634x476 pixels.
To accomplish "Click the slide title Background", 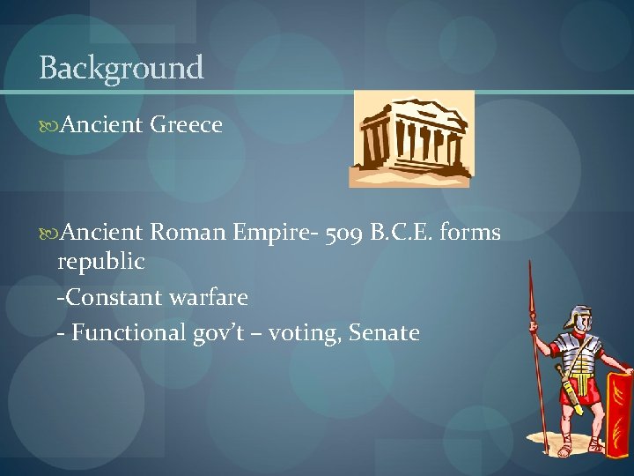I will coord(122,67).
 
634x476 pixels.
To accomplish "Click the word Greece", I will coord(186,125).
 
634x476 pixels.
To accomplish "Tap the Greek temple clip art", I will coord(412,139).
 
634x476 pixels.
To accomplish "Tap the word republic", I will coord(100,263).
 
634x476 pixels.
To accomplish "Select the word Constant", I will coord(109,297).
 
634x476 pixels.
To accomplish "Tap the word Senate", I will coord(384,332).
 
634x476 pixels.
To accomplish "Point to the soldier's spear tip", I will coord(530,273).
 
